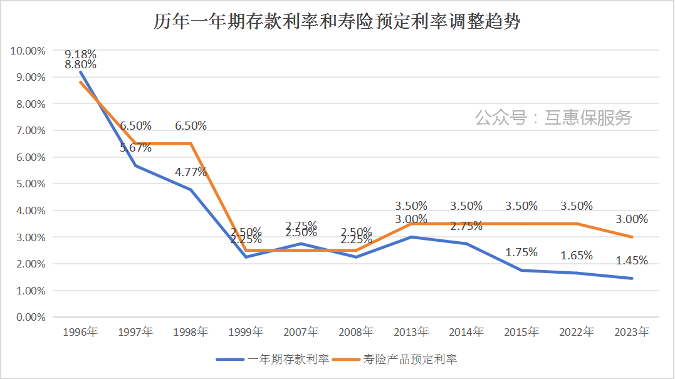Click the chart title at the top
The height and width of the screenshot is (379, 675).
[337, 22]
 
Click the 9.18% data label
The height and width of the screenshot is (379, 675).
[80, 54]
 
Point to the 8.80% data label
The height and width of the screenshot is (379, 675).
[80, 65]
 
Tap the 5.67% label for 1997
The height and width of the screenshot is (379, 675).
[136, 148]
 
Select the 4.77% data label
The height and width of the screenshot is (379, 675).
[191, 172]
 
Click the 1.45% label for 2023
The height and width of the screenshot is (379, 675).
[632, 261]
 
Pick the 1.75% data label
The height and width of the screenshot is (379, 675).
[521, 252]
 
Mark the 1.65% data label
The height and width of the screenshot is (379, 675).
[577, 255]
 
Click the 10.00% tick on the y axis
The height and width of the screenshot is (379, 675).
[28, 51]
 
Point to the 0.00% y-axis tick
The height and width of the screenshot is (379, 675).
[30, 318]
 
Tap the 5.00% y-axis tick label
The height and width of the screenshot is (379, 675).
[30, 184]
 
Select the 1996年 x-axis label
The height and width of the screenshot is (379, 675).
[80, 332]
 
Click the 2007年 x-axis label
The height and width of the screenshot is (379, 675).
[301, 332]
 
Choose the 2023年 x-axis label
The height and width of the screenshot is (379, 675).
[632, 332]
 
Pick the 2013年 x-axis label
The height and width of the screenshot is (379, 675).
[411, 332]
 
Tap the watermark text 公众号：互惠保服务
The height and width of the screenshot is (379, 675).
[553, 117]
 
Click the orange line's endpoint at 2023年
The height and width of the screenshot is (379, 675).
[632, 237]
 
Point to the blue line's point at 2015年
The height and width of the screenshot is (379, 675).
[521, 271]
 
